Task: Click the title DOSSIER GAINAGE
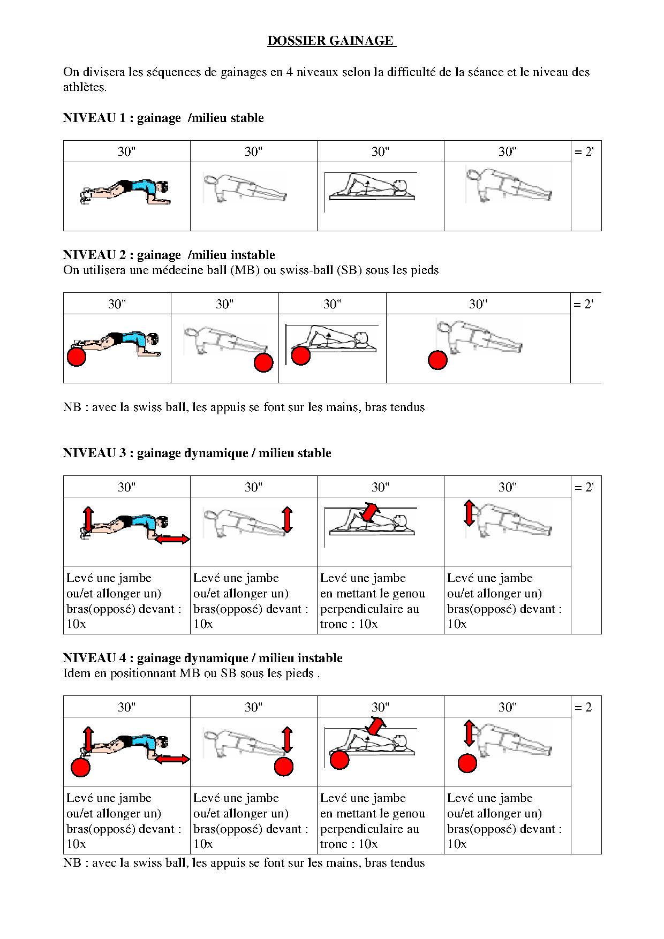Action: point(331,41)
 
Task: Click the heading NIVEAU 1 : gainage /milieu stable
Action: point(163,118)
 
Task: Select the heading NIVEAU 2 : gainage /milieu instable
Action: point(169,255)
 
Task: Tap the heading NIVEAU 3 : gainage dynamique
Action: point(197,453)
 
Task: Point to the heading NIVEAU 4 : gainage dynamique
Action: point(202,658)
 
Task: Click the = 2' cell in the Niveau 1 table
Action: point(585,152)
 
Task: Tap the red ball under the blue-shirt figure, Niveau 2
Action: point(77,357)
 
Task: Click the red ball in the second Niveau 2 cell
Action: point(263,363)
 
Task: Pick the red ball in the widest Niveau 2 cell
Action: point(437,360)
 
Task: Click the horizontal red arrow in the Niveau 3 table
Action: point(172,540)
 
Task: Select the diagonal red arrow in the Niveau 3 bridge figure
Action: point(369,511)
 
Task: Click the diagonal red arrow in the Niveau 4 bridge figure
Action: point(375,727)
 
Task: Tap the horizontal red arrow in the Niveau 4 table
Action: point(172,759)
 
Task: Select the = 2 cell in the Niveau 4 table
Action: point(585,708)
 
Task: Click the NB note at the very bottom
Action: point(244,863)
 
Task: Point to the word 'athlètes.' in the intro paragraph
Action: point(85,87)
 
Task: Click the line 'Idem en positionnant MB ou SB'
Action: point(191,673)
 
